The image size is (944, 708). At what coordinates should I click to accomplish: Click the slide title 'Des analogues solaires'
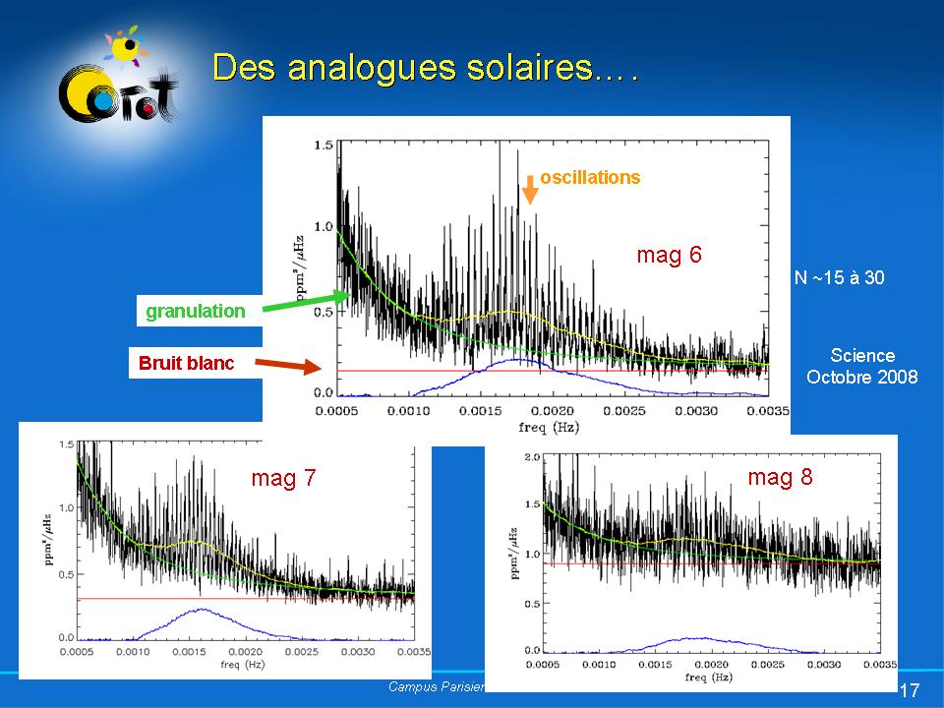[x=425, y=69]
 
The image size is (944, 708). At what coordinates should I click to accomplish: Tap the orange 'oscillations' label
[x=590, y=177]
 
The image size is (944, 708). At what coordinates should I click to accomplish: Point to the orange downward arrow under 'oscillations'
[x=530, y=189]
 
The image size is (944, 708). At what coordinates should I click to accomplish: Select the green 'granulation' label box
[x=196, y=312]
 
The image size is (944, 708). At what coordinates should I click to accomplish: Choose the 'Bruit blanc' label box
[x=187, y=363]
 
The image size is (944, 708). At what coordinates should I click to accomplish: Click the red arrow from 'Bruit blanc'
[x=291, y=367]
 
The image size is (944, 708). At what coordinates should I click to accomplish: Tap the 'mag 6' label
[x=669, y=256]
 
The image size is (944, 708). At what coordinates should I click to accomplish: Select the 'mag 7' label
[x=283, y=479]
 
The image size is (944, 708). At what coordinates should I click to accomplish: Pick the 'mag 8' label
[x=780, y=478]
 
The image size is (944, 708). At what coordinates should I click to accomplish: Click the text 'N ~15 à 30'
[x=839, y=278]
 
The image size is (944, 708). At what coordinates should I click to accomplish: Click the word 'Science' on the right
[x=862, y=356]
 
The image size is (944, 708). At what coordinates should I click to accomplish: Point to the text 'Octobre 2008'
[x=862, y=377]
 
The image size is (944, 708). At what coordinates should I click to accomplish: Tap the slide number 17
[x=910, y=688]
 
